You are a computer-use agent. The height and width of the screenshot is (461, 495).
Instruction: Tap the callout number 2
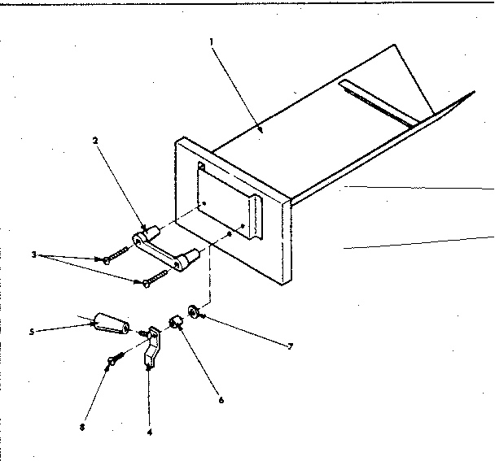click(96, 141)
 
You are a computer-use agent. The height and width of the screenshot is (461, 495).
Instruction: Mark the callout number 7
click(291, 346)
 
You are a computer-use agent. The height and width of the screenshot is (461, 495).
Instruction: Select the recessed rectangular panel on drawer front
click(228, 204)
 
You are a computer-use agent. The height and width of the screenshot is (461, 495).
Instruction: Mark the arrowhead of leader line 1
click(260, 129)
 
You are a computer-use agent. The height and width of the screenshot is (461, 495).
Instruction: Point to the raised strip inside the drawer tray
click(383, 102)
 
